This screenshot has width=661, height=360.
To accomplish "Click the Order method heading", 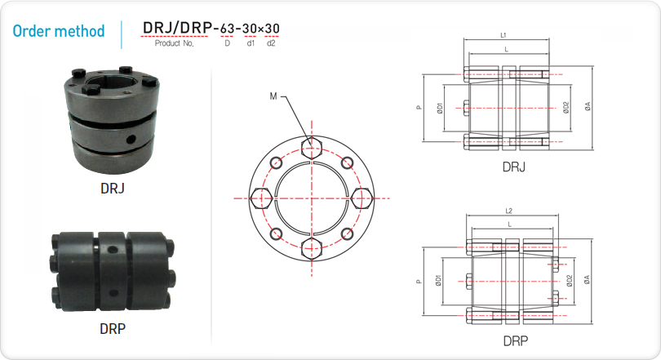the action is coord(59,31).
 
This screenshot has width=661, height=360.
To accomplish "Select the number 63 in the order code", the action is coord(227,29).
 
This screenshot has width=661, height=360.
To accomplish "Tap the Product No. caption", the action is coord(174,43).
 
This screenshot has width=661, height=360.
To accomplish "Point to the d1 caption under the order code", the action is coord(251,43).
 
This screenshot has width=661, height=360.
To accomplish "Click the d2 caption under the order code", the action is coord(271,43).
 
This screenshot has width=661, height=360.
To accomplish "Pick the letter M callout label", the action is coord(273,96).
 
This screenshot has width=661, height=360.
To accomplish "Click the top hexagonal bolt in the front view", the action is coord(312,148).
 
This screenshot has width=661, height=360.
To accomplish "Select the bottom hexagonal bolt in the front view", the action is coord(312,248).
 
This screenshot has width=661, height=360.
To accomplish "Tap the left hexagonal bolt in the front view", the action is coord(261,198).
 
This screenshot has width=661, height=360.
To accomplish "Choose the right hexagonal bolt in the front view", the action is coord(362,198).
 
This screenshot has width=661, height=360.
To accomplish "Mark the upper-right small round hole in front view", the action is coord(347,162).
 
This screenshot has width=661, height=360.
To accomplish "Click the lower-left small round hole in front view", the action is coord(277,233).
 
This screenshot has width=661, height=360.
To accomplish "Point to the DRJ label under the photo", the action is coord(113,188).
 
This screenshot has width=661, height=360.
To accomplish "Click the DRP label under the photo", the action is coord(113,328).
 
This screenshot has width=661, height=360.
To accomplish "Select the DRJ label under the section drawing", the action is coord(514,167).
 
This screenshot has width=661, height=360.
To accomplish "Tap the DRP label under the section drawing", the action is coord(516,340).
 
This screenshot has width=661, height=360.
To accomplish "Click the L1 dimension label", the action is coord(504,35).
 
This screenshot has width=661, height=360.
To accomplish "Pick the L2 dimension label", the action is coord(509,211).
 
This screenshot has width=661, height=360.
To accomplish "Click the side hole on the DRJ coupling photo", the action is coord(131,137).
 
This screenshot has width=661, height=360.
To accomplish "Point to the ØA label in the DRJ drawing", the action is coord(588,106).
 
